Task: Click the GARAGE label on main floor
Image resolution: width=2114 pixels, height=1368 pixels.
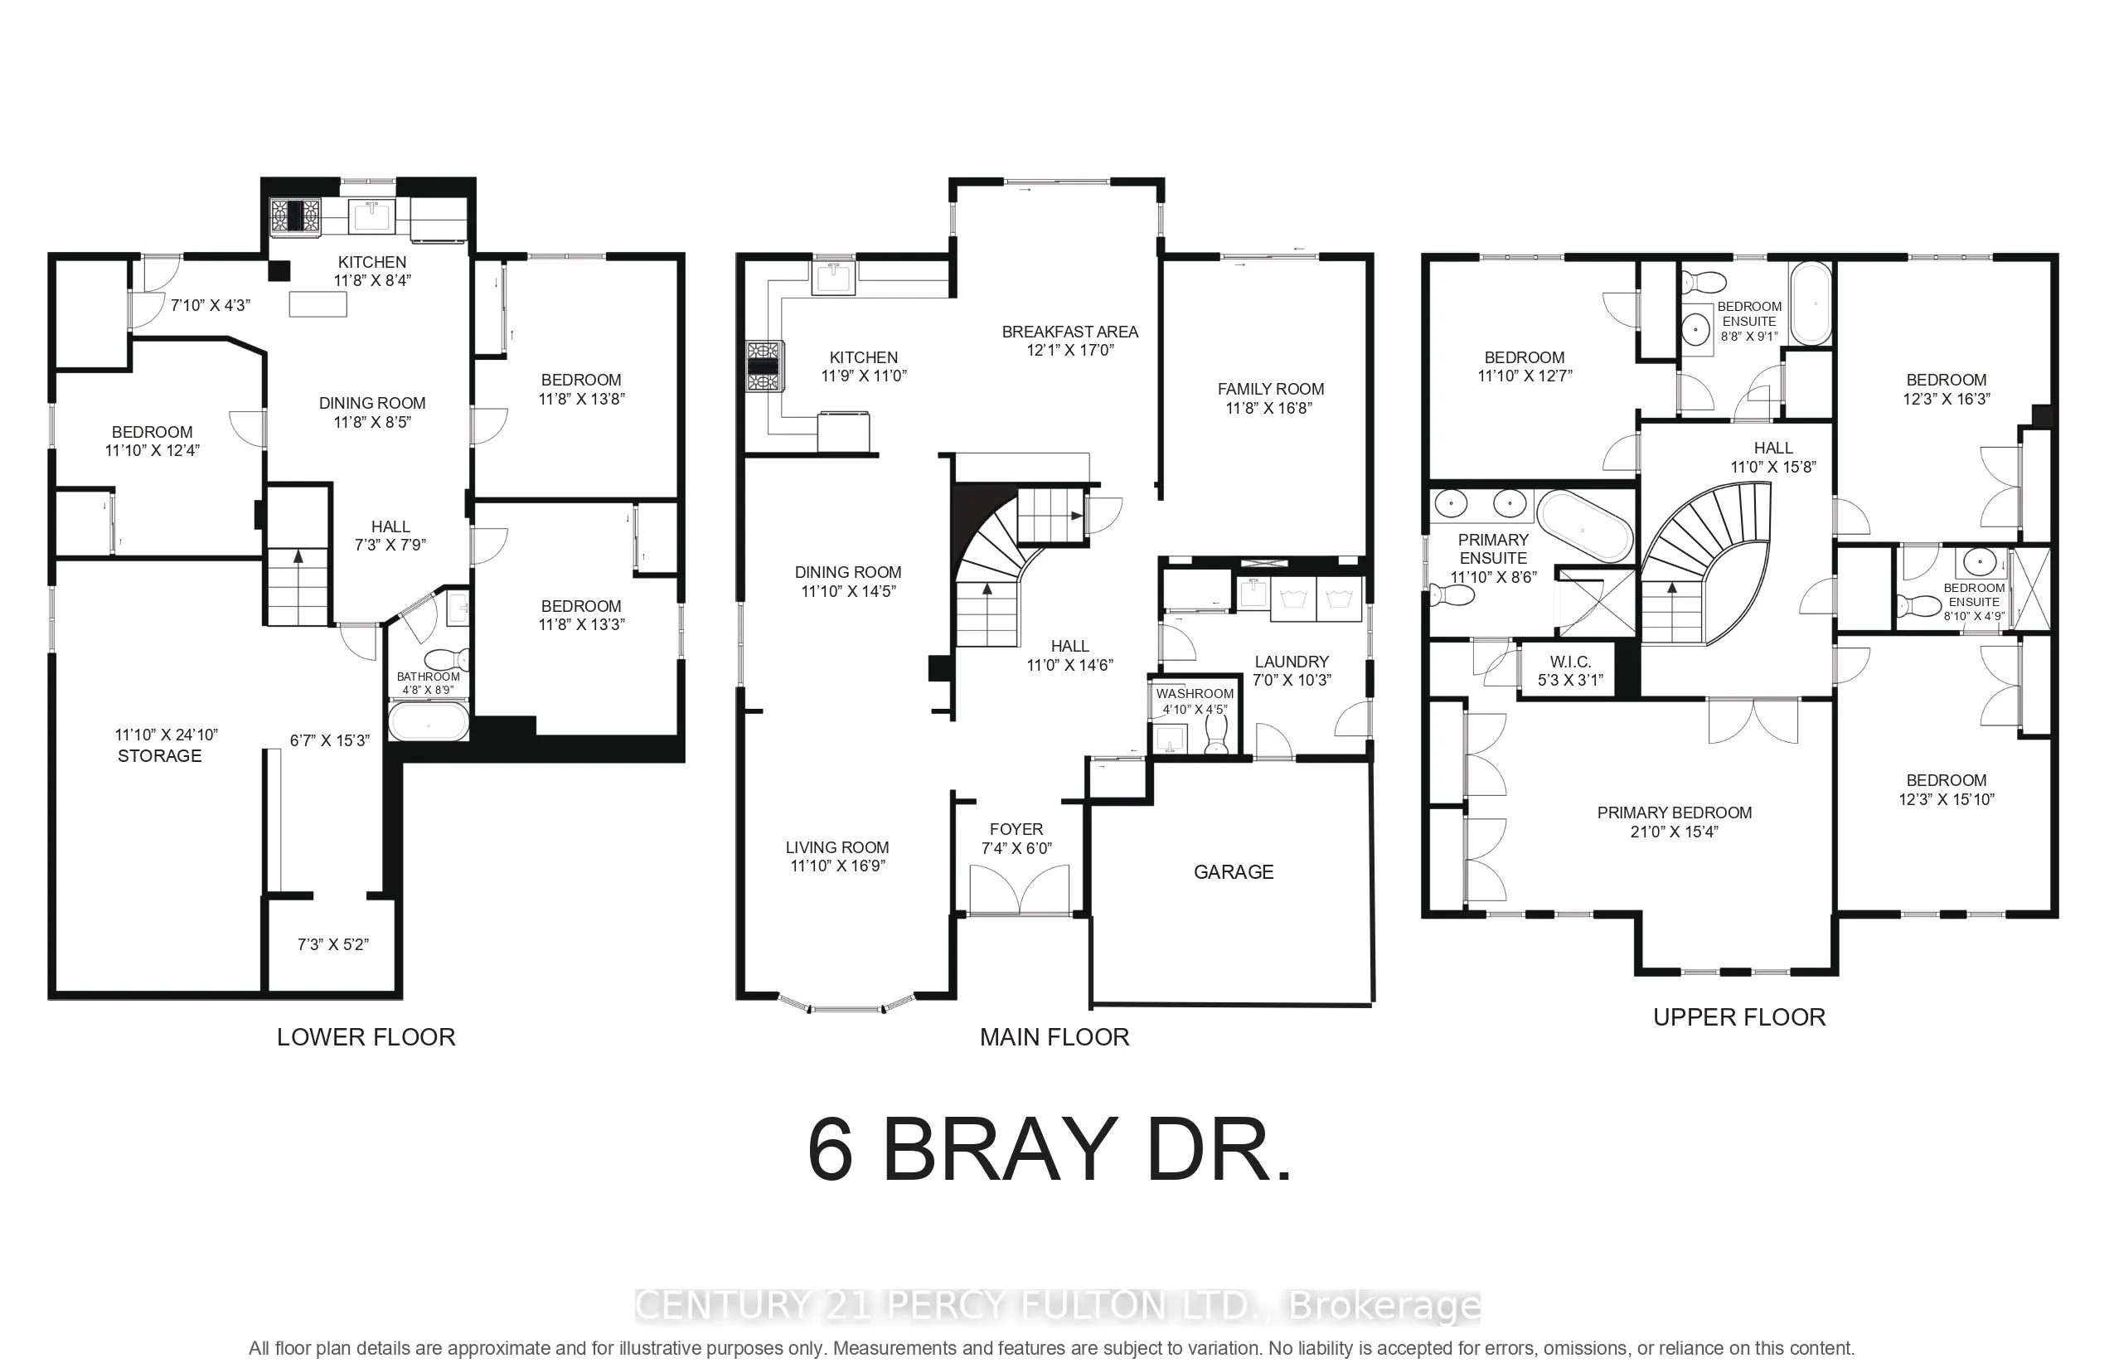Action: [1233, 872]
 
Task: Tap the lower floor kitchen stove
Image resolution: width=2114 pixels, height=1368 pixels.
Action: [295, 216]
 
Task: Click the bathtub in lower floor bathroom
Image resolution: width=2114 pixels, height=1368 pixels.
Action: [428, 721]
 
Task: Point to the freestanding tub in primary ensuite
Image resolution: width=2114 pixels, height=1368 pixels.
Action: [1584, 526]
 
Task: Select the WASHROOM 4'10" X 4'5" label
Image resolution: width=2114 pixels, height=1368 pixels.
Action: [1195, 701]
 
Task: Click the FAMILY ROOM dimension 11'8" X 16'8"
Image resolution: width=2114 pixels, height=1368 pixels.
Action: [1269, 409]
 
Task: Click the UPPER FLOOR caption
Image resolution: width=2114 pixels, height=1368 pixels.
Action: [1738, 1017]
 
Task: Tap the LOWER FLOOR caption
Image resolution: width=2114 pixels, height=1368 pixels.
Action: [365, 1036]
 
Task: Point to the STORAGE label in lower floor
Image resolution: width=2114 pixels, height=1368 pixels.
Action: [160, 756]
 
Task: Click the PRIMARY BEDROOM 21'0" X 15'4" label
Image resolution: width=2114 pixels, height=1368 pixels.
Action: [1674, 822]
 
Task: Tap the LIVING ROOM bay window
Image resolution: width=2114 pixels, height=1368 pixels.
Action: [846, 1007]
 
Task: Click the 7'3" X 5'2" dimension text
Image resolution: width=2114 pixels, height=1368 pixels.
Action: [332, 944]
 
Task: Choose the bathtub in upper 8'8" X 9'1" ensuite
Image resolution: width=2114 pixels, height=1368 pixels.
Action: [1809, 303]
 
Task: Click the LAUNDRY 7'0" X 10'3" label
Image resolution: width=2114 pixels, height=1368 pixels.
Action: [1291, 671]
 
